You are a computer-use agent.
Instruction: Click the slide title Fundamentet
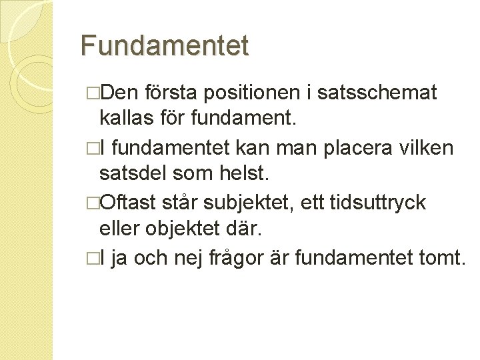[x=164, y=46]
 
